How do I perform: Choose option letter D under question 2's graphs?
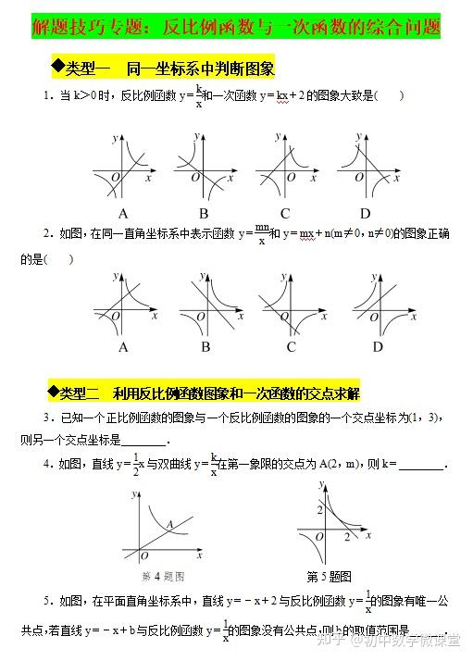[x=377, y=347]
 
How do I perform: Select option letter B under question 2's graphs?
[x=205, y=347]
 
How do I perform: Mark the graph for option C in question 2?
[x=291, y=306]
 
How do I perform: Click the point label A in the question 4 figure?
[x=169, y=524]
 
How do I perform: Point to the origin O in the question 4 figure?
[x=144, y=555]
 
